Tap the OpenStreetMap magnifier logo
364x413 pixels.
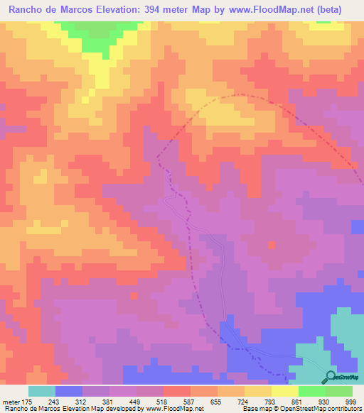(x=330, y=376)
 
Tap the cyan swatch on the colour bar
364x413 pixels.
(x=42, y=391)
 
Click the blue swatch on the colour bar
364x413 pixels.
(x=69, y=391)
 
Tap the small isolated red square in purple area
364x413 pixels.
(x=271, y=245)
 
